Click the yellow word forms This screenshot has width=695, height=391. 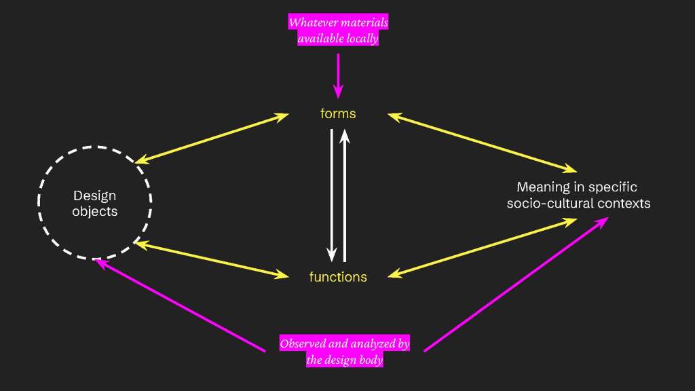click(338, 114)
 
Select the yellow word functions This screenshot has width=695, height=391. click(338, 277)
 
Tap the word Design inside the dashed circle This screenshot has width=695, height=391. click(94, 196)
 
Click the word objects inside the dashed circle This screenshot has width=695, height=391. click(94, 212)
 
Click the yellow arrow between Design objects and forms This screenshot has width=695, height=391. click(212, 138)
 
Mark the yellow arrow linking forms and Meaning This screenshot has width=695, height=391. click(482, 143)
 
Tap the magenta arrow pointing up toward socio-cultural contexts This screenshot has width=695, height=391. click(516, 284)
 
